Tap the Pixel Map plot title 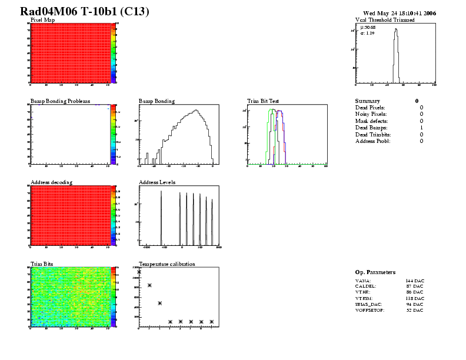click(x=42, y=20)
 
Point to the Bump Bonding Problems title click(x=60, y=101)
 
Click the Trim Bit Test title click(x=263, y=101)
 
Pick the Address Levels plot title click(x=157, y=182)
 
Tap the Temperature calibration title click(x=167, y=264)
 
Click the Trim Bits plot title click(x=42, y=264)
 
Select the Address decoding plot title click(x=51, y=182)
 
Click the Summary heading click(x=367, y=101)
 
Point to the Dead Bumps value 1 click(x=421, y=128)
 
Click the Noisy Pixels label click(x=370, y=114)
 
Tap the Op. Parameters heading click(x=375, y=272)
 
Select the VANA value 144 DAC click(x=415, y=281)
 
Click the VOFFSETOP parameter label click(x=370, y=310)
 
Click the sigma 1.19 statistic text click(x=368, y=33)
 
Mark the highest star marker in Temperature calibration click(x=139, y=272)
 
